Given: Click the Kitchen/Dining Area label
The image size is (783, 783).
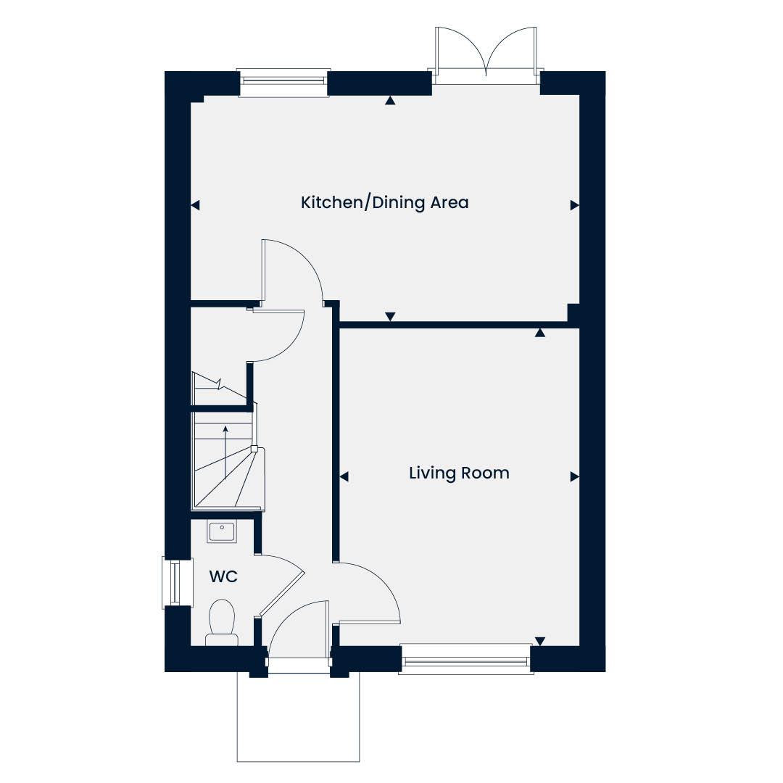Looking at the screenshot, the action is (x=384, y=203).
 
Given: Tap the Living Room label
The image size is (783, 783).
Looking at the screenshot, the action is (x=459, y=473).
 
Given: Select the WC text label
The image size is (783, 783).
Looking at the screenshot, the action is (x=223, y=576).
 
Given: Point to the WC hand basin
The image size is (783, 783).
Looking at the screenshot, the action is (x=223, y=531).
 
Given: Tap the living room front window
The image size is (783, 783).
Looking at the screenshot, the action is (x=466, y=659).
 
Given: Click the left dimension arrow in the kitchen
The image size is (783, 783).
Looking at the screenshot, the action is (x=195, y=205).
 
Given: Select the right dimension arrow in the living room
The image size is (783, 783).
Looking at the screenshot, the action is (x=575, y=477).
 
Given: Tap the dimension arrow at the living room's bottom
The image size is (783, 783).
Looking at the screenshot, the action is (x=540, y=641).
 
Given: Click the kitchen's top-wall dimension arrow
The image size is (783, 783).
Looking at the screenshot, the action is (x=390, y=101).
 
